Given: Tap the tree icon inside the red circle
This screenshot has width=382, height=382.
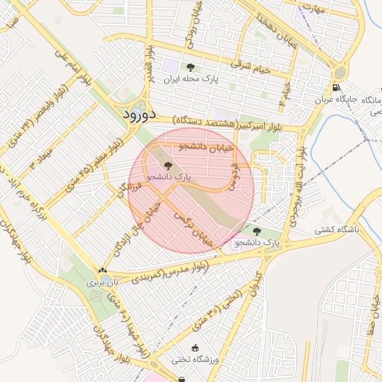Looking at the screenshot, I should (166, 166).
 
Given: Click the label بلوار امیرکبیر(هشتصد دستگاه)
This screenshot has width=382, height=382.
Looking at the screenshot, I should (237, 121).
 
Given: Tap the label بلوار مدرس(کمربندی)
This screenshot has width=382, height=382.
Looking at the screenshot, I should (167, 272).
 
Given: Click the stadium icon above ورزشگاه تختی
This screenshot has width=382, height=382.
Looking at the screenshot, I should (195, 348).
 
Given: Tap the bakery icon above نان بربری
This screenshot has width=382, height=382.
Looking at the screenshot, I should (102, 271).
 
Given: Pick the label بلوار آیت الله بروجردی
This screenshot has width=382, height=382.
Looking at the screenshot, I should (298, 187).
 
